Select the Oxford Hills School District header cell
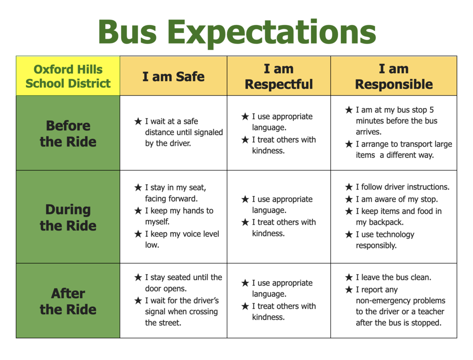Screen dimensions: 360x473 click(68, 76)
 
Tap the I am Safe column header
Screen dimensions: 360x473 click(173, 76)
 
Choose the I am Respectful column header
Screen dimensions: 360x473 click(279, 77)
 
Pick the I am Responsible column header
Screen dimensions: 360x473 click(394, 77)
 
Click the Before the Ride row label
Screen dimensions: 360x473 click(68, 133)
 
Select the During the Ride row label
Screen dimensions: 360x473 click(68, 217)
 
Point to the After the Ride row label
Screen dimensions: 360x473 click(68, 301)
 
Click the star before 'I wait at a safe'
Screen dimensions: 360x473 click(138, 122)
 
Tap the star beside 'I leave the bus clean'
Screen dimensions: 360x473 click(349, 278)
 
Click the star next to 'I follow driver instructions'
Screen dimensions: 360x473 click(349, 187)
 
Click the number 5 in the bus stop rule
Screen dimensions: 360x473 click(431, 110)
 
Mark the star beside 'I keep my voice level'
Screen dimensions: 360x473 click(138, 234)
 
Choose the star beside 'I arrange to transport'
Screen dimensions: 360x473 click(349, 144)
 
